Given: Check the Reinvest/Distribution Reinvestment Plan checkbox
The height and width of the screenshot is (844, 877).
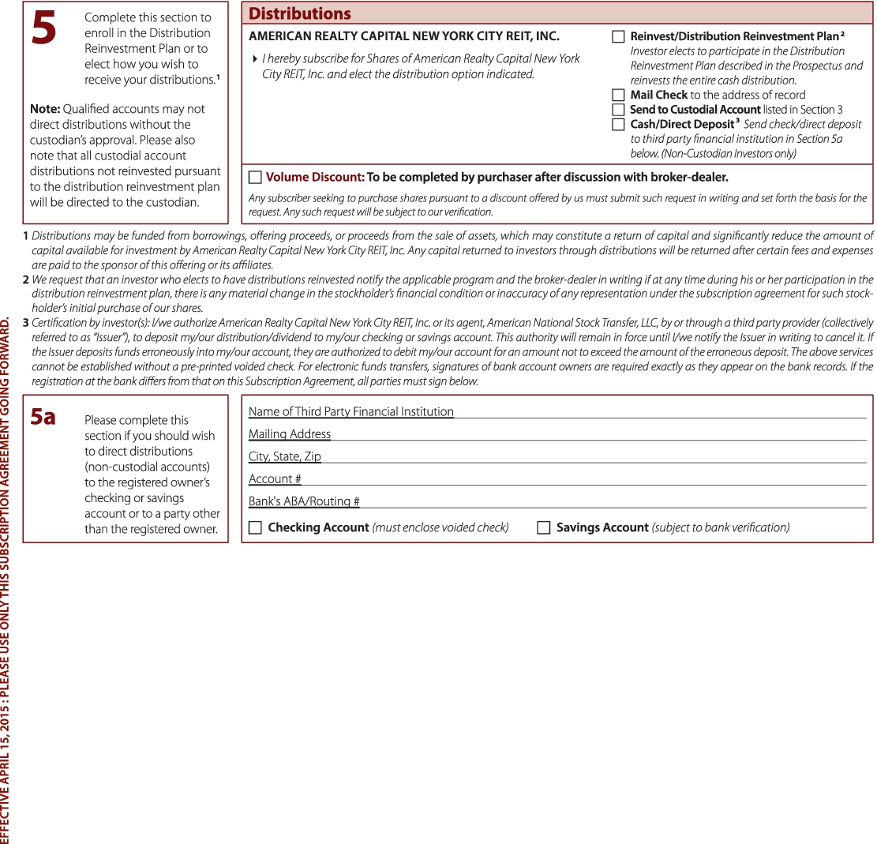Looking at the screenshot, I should [x=618, y=36].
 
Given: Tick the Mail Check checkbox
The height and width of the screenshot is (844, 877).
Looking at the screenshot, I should [x=618, y=95].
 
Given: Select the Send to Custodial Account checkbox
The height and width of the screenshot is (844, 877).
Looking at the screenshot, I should [x=618, y=110].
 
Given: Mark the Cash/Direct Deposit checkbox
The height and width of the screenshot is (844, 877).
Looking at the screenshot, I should [x=618, y=125].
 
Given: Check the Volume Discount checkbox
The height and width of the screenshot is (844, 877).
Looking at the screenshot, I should [x=255, y=178].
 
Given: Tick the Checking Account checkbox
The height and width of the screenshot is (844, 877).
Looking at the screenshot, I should [x=255, y=527].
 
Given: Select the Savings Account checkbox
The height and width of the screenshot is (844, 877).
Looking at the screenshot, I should [x=544, y=527].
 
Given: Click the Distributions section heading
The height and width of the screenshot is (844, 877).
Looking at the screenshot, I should [x=300, y=13].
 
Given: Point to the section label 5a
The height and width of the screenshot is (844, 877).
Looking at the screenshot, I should [x=43, y=417].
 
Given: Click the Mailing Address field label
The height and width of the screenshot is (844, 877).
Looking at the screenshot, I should [x=290, y=433].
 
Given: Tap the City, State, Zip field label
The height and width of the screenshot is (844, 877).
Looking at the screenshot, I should [x=285, y=456].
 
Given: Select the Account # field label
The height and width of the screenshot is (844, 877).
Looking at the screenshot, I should [x=275, y=478].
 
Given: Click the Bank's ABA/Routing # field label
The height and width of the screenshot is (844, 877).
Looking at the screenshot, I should [x=304, y=501].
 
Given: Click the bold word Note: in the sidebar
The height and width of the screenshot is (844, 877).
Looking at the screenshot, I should [x=43, y=109].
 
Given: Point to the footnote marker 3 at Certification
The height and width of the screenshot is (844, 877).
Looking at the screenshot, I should [x=26, y=323].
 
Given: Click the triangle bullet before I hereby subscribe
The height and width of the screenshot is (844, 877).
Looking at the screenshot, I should [x=254, y=58].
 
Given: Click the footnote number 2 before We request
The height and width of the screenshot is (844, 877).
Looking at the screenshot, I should [x=26, y=279].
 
